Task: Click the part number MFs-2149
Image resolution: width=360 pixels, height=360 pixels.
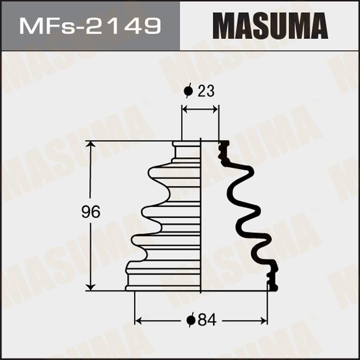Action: (x=90, y=26)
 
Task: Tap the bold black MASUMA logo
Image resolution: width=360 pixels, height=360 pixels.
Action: (x=270, y=26)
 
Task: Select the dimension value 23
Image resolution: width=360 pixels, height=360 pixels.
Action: (x=206, y=92)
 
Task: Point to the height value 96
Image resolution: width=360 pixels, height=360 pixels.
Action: (x=90, y=212)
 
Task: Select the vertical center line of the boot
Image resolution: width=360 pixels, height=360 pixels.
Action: (x=200, y=216)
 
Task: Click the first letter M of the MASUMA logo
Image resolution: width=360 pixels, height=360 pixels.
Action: (x=224, y=26)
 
